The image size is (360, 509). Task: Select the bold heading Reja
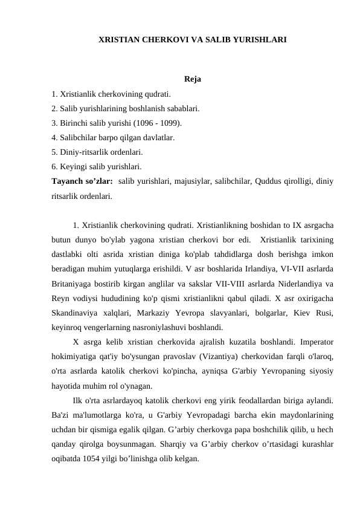pyautogui.click(x=193, y=80)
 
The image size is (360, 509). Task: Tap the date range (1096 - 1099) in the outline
pyautogui.click(x=157, y=123)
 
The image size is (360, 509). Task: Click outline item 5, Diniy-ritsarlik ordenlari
pyautogui.click(x=97, y=152)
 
